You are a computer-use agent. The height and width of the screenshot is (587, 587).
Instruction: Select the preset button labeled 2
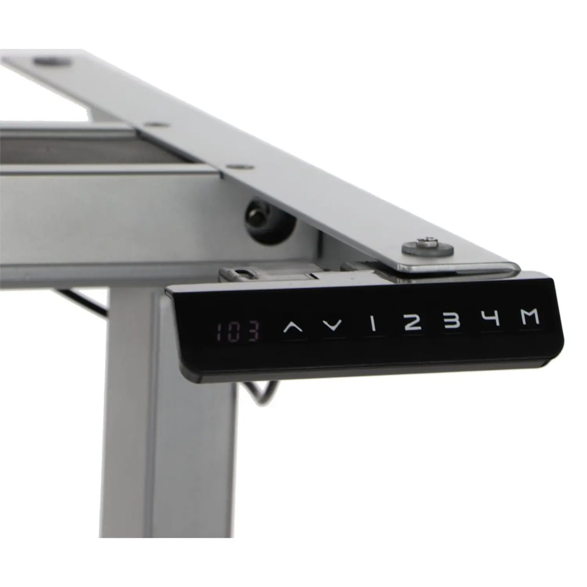[x=411, y=323]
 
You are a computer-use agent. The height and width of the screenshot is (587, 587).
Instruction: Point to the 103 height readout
[x=238, y=332]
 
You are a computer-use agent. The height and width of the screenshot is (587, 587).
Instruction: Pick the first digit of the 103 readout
[x=220, y=332]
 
